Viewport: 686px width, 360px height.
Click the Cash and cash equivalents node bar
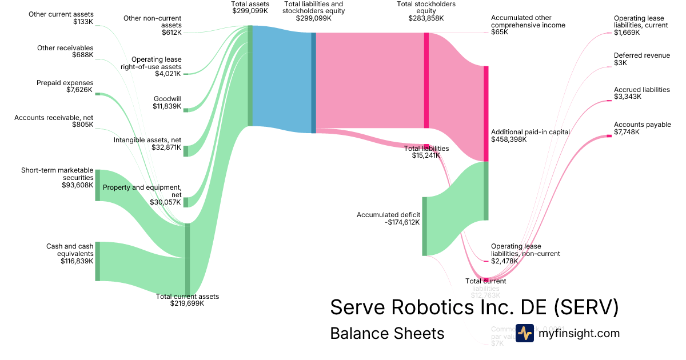coord(98,261)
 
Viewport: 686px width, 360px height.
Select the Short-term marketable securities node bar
coord(98,185)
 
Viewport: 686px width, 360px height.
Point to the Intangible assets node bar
coord(186,151)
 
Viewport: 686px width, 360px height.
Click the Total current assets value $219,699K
coord(187,303)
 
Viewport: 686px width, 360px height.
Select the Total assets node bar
coord(250,75)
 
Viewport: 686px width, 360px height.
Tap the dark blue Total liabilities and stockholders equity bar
coord(313,83)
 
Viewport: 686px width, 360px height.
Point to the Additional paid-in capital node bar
coord(486,114)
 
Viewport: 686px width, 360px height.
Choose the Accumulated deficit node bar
coord(425,226)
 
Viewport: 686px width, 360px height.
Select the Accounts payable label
coord(642,125)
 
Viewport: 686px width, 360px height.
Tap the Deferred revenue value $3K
coord(620,63)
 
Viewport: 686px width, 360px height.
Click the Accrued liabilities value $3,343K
coord(628,97)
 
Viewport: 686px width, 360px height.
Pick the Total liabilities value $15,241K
coord(426,155)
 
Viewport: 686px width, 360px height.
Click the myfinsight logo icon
coord(525,333)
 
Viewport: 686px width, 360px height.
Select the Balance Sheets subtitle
coord(387,333)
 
